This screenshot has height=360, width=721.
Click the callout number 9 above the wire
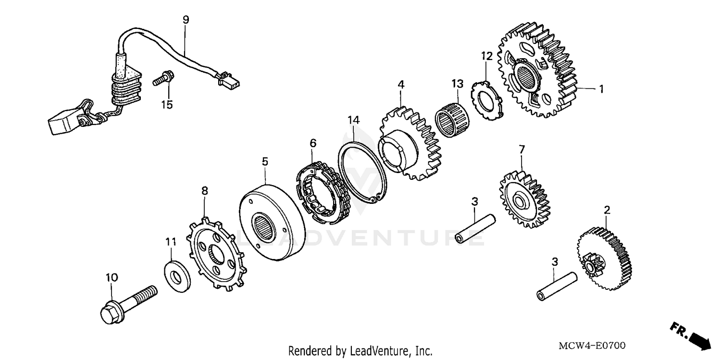point(186,20)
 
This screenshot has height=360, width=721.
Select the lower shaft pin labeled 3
point(555,287)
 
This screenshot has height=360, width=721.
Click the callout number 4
point(400,85)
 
